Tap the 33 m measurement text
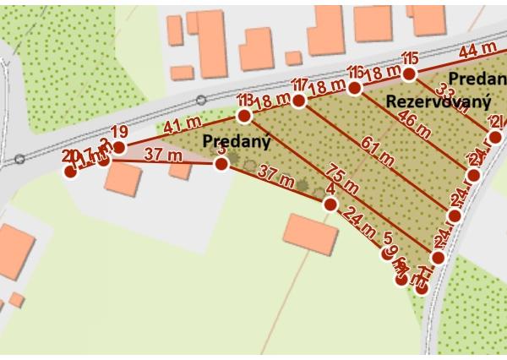coord(445,101)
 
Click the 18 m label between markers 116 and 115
coord(382,75)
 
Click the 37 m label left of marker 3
coord(162,155)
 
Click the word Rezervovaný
coord(438,102)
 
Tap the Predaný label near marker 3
coord(236,140)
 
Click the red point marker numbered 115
coord(410,74)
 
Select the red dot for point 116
coord(355,87)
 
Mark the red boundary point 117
coord(298,101)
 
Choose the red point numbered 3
coord(221,164)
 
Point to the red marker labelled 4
coord(330,205)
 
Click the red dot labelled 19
coord(119,147)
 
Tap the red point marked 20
coord(70,172)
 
